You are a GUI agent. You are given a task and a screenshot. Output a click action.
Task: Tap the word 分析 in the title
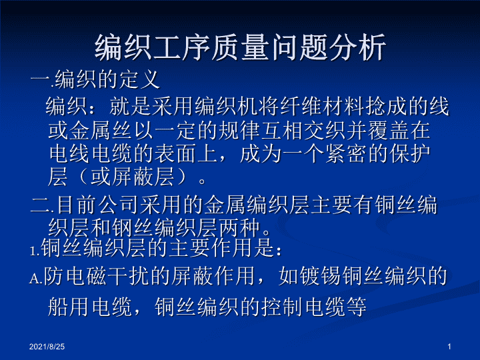point(357,47)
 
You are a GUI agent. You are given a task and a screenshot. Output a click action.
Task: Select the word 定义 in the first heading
point(139,79)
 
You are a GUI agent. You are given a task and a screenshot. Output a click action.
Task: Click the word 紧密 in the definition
point(346,153)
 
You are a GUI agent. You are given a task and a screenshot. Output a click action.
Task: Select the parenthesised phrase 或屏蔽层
point(132,177)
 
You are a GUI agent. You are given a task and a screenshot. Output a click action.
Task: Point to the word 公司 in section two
point(119,205)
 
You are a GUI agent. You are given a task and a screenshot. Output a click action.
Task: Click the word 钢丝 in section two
point(133,228)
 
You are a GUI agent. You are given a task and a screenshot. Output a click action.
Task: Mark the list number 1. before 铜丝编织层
point(35,251)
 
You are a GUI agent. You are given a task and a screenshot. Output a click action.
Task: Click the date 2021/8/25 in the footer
point(47,347)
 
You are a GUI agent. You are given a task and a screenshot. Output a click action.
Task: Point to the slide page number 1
point(449,347)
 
